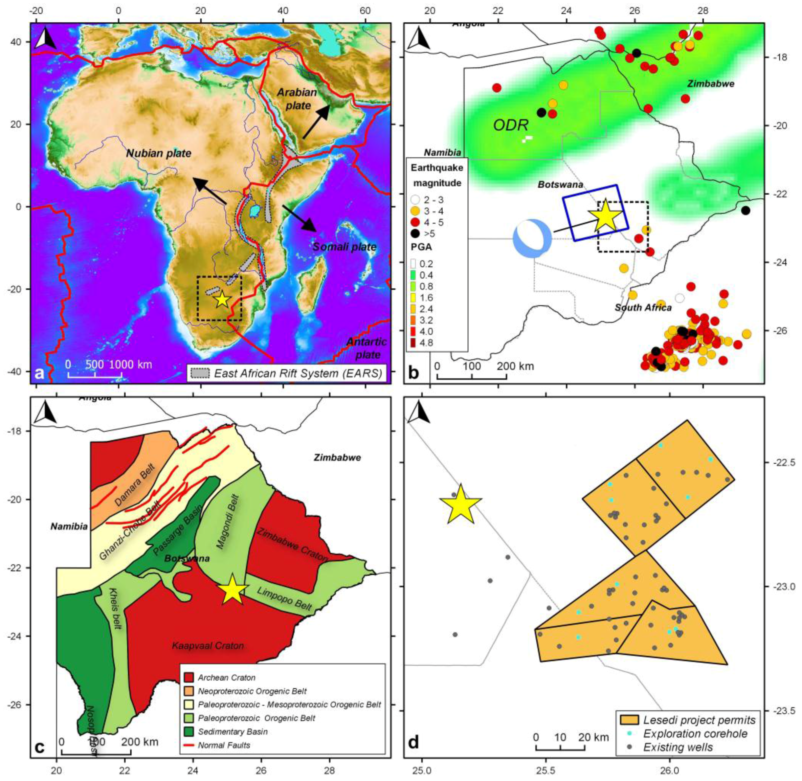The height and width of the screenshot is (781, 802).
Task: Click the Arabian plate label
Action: point(297,98)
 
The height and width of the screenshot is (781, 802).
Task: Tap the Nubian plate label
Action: point(158,153)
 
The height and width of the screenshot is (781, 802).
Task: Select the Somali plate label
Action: point(344,247)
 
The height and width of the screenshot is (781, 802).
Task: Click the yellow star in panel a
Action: point(222,299)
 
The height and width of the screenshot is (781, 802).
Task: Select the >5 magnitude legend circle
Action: point(416,234)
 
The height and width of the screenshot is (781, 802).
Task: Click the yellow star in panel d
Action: point(460,505)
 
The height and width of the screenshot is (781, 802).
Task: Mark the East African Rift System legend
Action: point(288,373)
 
